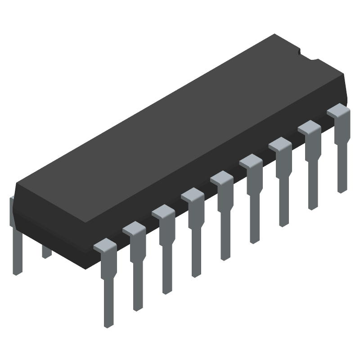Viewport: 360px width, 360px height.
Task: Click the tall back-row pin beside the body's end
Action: coord(16,243)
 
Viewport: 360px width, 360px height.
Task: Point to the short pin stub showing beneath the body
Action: coord(46,252)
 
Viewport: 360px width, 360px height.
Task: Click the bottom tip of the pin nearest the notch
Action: coord(343,190)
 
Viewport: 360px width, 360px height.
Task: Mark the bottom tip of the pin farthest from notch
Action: coord(108,325)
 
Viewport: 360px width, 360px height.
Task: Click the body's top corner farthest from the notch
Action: coord(16,184)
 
